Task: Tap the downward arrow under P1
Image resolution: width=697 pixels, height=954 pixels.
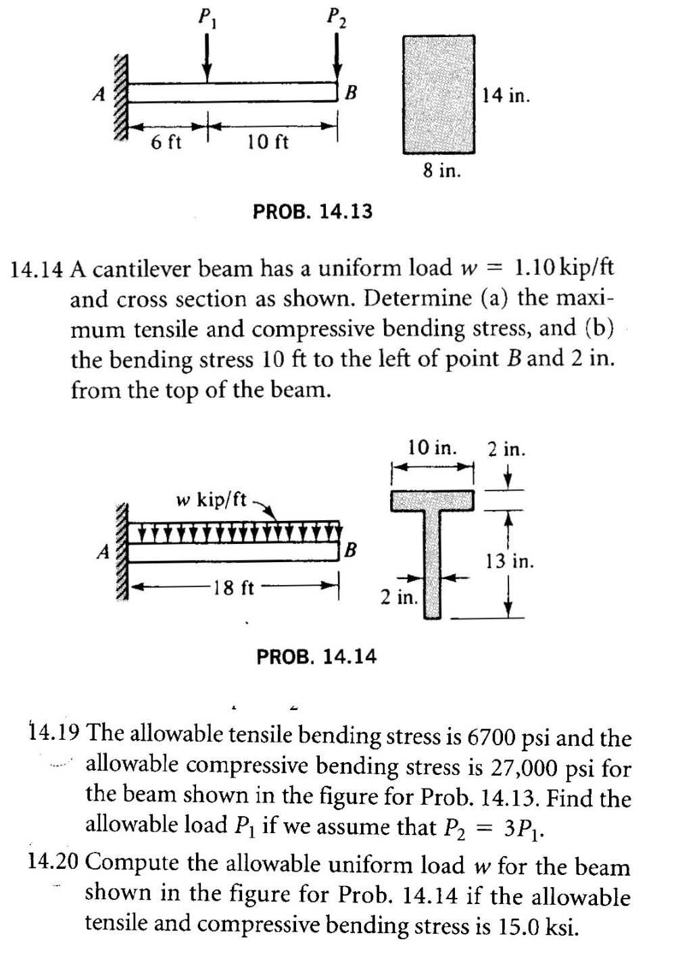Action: point(208,58)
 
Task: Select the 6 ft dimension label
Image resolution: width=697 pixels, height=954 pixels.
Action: point(166,143)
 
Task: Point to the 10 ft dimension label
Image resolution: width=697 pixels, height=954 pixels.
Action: point(268,143)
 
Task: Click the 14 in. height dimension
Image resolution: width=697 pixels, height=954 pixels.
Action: point(506,96)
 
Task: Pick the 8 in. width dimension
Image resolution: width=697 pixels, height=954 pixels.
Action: point(442,171)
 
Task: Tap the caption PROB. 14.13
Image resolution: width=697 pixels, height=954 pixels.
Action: point(312,211)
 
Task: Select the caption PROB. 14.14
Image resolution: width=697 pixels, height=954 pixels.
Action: point(316,656)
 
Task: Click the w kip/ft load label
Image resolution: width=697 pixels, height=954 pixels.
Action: point(211,500)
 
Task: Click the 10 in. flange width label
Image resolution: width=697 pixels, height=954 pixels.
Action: point(432,448)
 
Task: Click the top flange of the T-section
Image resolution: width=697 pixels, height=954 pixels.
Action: point(433,500)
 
